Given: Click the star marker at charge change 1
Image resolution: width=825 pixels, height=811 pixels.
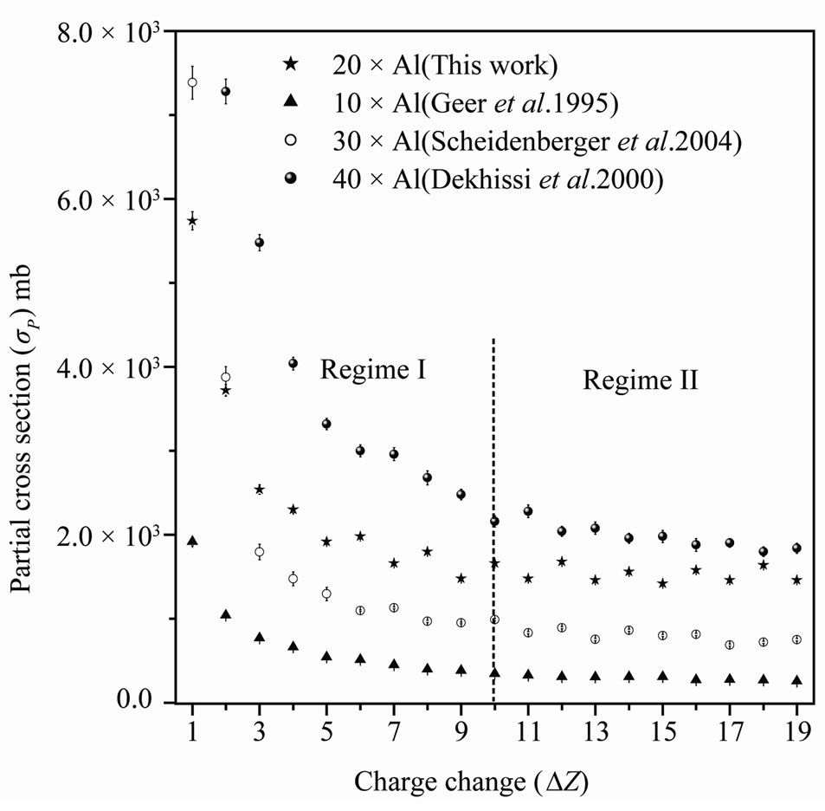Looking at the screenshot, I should [192, 221].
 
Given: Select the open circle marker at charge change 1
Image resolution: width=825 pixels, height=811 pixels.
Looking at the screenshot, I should [192, 82].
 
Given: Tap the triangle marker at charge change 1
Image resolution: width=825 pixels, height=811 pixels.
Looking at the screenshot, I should [192, 541].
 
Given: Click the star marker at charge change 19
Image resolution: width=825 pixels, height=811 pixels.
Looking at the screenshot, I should [796, 580].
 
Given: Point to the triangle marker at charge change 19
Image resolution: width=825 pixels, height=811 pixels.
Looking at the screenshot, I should [796, 680].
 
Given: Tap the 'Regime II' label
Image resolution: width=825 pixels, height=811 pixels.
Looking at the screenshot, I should [640, 380].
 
